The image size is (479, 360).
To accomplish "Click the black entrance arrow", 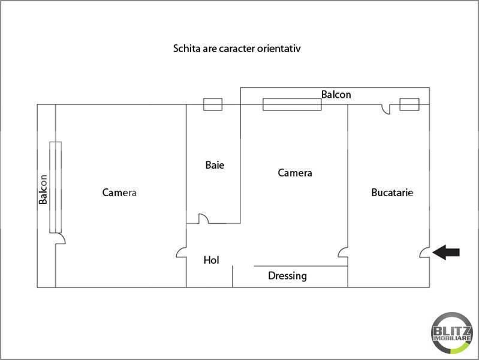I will click(x=447, y=253).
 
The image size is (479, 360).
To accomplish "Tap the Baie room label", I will click(x=215, y=164).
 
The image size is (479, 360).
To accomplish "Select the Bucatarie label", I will click(x=392, y=193).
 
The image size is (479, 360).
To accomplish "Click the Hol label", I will click(x=211, y=260).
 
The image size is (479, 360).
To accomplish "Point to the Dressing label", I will click(x=287, y=276).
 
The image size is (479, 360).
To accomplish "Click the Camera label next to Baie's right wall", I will click(x=295, y=173).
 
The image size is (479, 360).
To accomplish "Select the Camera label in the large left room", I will click(x=119, y=193).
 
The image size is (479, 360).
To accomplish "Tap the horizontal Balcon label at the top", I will click(x=336, y=95).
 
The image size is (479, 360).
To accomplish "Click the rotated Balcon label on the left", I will click(x=43, y=190).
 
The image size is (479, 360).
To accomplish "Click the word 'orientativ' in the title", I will click(x=278, y=48).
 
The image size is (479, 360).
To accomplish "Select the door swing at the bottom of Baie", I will click(x=203, y=219).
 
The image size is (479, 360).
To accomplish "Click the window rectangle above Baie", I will click(x=213, y=104).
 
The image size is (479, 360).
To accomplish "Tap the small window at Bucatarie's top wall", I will click(x=409, y=104).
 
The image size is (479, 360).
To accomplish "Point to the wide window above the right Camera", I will click(x=292, y=104).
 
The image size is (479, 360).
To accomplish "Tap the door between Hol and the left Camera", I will click(x=182, y=253).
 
